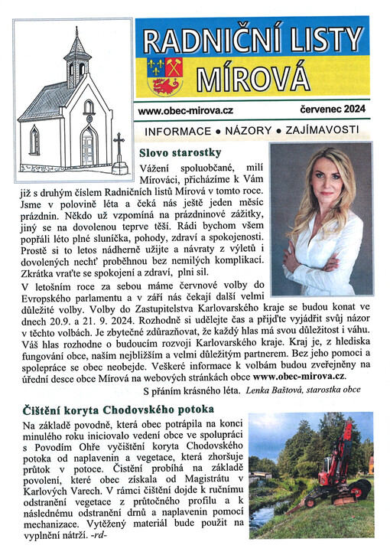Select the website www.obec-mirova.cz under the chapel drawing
point(186,110)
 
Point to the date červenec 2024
point(326,110)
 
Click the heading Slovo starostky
point(185,152)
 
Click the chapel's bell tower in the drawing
point(76,57)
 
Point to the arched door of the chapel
point(89,146)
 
